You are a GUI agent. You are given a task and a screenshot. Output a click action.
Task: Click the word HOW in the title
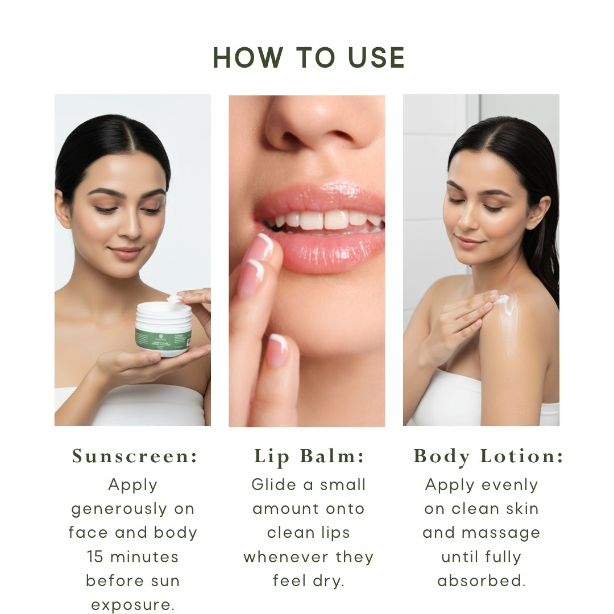tap(248, 58)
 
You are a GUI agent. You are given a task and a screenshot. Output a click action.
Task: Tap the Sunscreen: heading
tap(135, 457)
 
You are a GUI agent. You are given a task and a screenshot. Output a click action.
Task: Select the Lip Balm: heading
tap(309, 457)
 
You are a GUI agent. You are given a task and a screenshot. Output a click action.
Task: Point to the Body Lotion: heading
tap(488, 457)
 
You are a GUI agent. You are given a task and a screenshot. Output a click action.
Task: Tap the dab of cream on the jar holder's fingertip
tap(174, 298)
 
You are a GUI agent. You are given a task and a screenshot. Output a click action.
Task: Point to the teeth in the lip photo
tap(324, 221)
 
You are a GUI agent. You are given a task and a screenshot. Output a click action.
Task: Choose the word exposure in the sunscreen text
tap(133, 604)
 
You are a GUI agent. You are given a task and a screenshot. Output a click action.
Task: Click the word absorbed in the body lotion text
tap(482, 580)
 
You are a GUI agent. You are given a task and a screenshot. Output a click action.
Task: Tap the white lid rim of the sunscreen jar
tap(164, 308)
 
